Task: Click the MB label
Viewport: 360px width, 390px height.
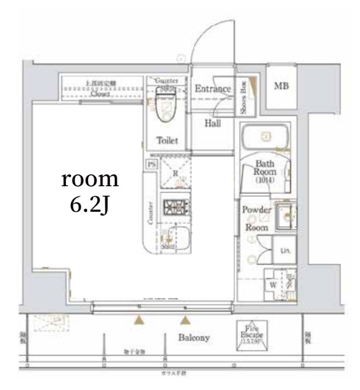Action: coord(282,86)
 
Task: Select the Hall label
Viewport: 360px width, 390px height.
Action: coord(213,123)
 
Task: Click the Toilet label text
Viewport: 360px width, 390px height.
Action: coord(167,141)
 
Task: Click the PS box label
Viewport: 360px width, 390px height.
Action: coord(151,164)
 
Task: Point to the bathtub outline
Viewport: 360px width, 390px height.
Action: coord(266,136)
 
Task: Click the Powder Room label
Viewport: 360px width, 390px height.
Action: coord(256,217)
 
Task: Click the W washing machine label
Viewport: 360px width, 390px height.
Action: coord(272,284)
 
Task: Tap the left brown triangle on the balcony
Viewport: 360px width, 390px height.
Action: coord(140,320)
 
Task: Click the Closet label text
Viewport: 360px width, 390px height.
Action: coord(100,94)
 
